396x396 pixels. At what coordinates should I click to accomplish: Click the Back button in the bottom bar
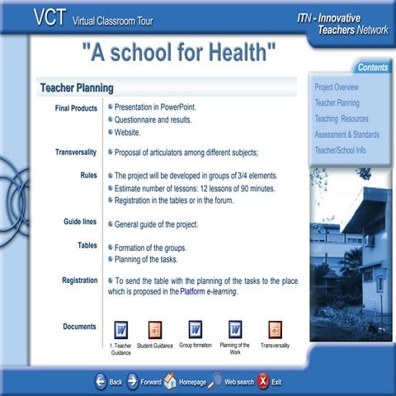(x=101, y=381)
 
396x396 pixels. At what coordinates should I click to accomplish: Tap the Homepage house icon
(x=170, y=380)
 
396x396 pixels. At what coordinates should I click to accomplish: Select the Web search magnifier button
(x=215, y=380)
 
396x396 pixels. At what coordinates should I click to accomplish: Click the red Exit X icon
(x=262, y=380)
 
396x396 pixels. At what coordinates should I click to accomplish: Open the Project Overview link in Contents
(x=337, y=87)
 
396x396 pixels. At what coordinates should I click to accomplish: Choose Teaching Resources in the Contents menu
(x=342, y=119)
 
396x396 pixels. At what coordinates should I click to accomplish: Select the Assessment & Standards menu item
(x=346, y=134)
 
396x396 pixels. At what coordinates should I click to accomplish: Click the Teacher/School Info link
(x=340, y=150)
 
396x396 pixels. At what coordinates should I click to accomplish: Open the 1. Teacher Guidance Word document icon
(x=120, y=329)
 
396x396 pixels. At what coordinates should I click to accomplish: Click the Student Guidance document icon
(x=155, y=329)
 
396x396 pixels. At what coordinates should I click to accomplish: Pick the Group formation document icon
(x=196, y=329)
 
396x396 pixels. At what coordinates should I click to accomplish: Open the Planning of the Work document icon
(x=235, y=329)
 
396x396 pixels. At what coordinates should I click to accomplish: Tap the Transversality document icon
(x=275, y=329)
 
